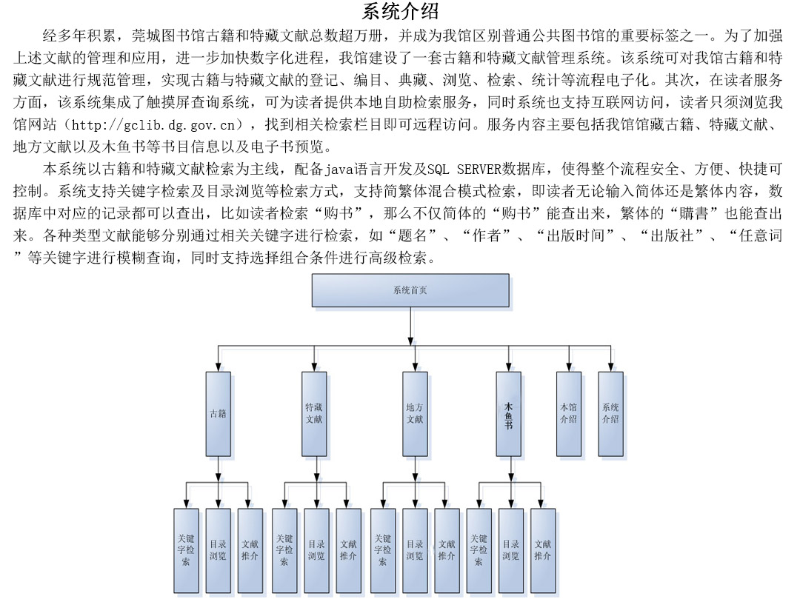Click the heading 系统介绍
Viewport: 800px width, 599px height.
pyautogui.click(x=400, y=11)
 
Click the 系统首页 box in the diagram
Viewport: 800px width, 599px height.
pyautogui.click(x=410, y=290)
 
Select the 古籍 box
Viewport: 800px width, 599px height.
pyautogui.click(x=218, y=413)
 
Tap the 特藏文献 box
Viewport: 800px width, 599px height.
pyautogui.click(x=314, y=413)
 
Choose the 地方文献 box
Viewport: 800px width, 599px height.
pyautogui.click(x=415, y=413)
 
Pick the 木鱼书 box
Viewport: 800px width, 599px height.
pyautogui.click(x=508, y=413)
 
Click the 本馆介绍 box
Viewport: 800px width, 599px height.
pyautogui.click(x=569, y=412)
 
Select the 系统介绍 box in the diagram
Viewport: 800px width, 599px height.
pyautogui.click(x=610, y=412)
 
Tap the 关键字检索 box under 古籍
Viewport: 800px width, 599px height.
pyautogui.click(x=186, y=549)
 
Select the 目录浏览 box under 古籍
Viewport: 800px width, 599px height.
pyautogui.click(x=218, y=549)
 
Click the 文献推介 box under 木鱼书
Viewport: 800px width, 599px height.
pyautogui.click(x=542, y=549)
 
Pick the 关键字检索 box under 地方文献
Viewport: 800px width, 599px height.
pyautogui.click(x=382, y=549)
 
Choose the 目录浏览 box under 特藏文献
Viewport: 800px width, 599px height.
pyautogui.click(x=316, y=549)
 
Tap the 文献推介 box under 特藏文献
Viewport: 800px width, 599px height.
pyautogui.click(x=349, y=549)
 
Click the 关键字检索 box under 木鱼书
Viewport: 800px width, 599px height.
pyautogui.click(x=479, y=549)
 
